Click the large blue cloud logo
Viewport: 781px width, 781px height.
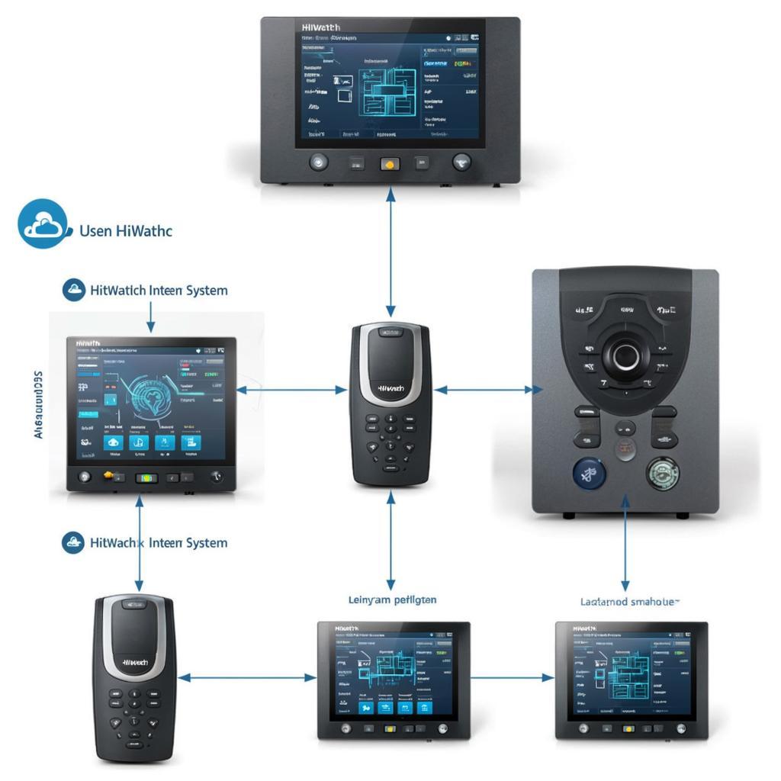pos(45,223)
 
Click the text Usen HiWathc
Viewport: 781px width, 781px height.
pos(126,230)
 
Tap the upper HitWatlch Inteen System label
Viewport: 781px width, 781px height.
pos(158,291)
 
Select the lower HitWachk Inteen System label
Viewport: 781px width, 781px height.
pos(158,543)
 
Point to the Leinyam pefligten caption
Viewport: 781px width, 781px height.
pos(392,600)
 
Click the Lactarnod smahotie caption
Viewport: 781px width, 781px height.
pos(629,602)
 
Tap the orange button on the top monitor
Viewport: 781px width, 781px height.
pos(389,163)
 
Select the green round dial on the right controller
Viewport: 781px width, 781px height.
pos(663,473)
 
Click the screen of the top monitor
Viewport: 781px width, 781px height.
pos(390,83)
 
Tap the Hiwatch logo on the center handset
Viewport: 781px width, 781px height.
pos(390,388)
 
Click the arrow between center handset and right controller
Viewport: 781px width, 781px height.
pos(483,390)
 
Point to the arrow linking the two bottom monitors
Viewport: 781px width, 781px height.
pos(512,677)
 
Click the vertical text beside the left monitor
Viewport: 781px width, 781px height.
pos(38,404)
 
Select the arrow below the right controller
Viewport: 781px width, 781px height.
pos(625,541)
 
